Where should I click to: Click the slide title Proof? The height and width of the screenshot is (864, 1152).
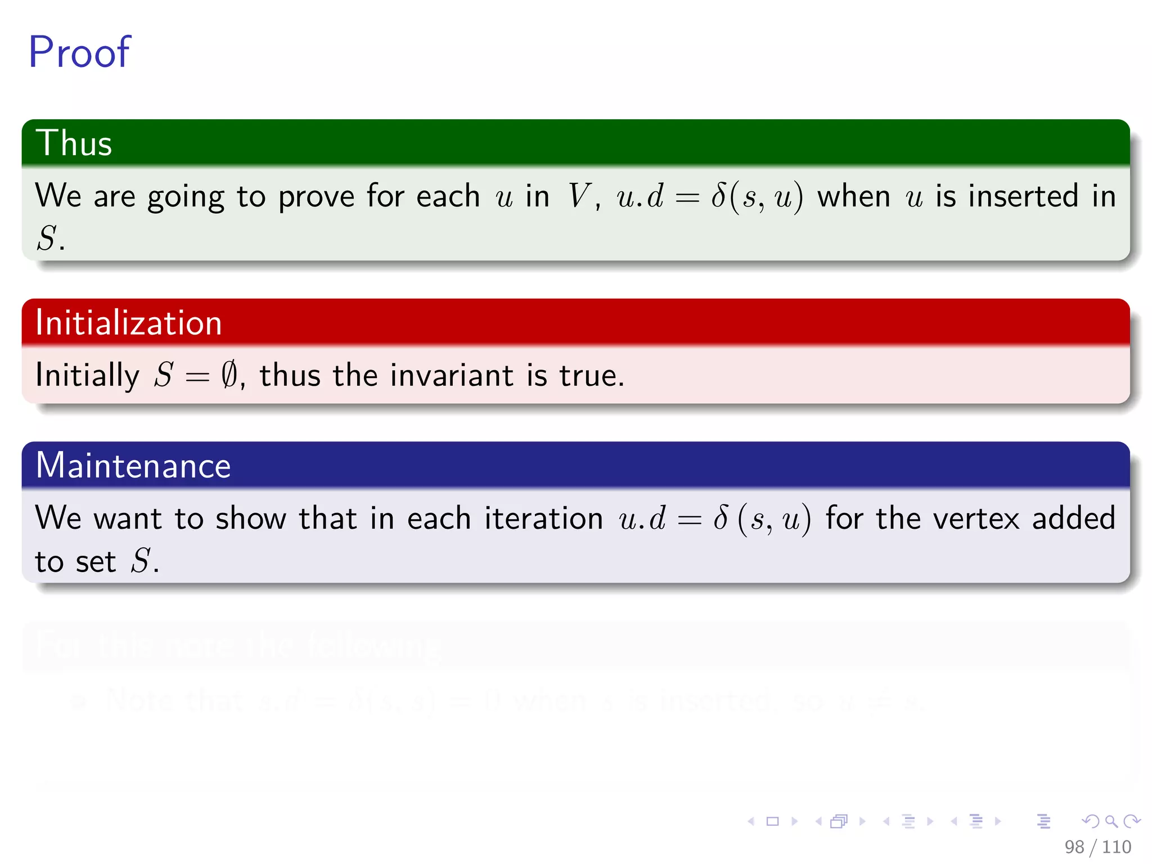point(79,52)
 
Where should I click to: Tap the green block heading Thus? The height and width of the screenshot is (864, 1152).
point(74,143)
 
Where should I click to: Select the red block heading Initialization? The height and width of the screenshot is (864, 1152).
point(129,323)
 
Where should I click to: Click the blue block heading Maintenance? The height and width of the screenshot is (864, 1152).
point(133,466)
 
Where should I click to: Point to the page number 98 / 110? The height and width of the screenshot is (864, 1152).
point(1097,847)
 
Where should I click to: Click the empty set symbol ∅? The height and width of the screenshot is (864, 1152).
point(229,375)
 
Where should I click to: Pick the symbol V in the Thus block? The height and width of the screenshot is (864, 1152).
point(577,196)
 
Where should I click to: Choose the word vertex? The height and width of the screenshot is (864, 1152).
point(976,518)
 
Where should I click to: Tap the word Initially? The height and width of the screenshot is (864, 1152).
point(87,375)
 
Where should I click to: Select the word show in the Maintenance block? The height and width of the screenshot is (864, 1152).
point(251,518)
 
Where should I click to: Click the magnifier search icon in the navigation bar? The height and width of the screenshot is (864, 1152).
point(1111,821)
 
